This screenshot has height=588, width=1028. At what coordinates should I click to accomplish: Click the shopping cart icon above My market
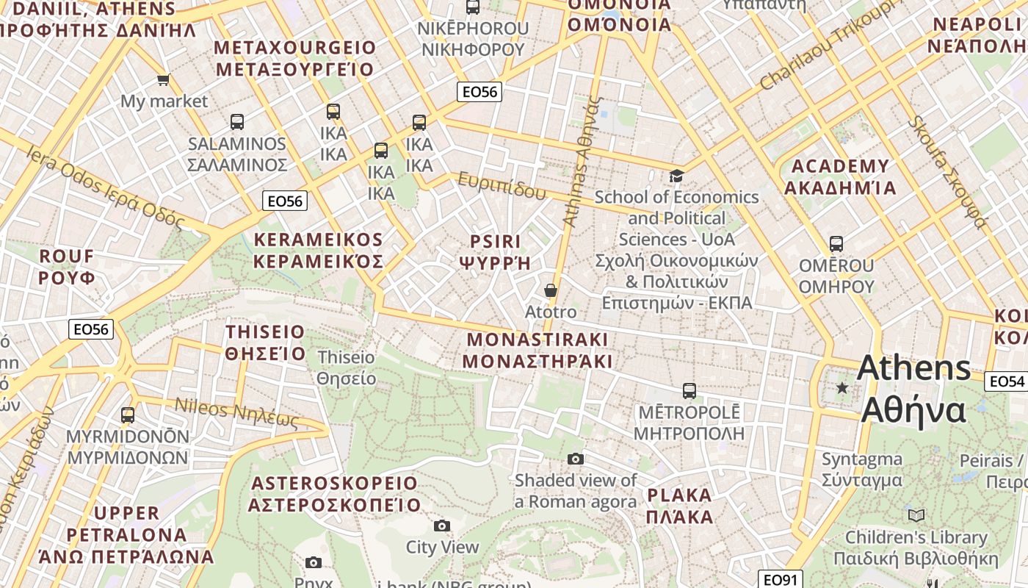[163, 79]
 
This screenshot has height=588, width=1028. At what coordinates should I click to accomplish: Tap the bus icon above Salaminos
[236, 122]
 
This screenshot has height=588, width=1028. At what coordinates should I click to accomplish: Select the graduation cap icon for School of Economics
[676, 176]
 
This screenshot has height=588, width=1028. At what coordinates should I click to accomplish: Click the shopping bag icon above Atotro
[551, 290]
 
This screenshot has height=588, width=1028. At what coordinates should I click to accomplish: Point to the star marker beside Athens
[842, 387]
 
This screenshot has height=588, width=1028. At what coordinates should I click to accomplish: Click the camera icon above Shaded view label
[576, 459]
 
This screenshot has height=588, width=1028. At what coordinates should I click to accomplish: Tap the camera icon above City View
[441, 526]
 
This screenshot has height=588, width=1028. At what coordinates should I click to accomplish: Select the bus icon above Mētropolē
[689, 391]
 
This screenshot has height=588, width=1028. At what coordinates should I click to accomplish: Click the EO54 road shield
[1006, 381]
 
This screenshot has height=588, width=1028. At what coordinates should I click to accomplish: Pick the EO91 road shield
[780, 580]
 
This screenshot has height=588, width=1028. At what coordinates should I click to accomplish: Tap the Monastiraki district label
[537, 351]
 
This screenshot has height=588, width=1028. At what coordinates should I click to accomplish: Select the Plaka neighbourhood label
[680, 506]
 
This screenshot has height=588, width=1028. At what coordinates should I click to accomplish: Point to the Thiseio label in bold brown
[265, 343]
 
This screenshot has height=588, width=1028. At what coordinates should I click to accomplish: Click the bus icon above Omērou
[836, 244]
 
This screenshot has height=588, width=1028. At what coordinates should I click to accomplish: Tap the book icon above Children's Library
[916, 515]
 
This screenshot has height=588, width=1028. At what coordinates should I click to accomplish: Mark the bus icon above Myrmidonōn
[128, 415]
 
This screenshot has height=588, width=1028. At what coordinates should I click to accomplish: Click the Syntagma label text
[862, 470]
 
